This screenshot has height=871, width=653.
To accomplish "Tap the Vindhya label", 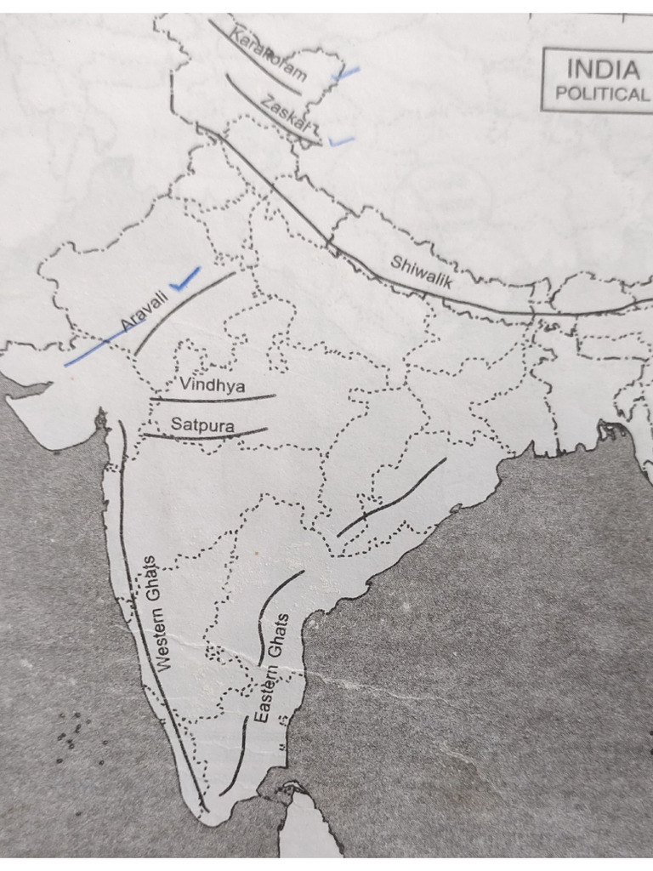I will coord(212,385).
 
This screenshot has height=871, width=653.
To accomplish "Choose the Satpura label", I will coord(202,423).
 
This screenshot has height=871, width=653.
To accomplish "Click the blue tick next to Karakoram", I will coord(346,73).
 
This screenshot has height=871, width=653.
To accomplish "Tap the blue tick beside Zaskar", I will coord(342,140).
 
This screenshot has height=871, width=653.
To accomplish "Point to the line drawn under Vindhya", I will coord(213,398).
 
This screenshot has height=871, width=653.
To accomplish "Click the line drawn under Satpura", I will coord(204,436).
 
